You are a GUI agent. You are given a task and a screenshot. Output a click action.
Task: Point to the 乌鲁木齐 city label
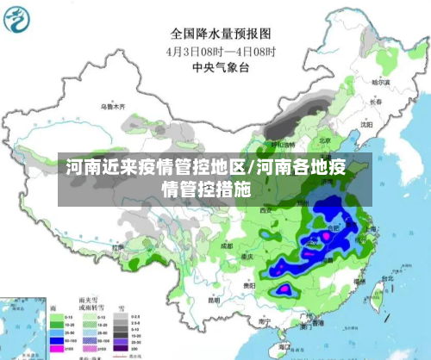tap(111, 107)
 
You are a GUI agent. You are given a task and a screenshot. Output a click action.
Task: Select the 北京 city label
tap(325, 140)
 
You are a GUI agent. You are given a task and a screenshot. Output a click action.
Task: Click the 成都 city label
tap(226, 245)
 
